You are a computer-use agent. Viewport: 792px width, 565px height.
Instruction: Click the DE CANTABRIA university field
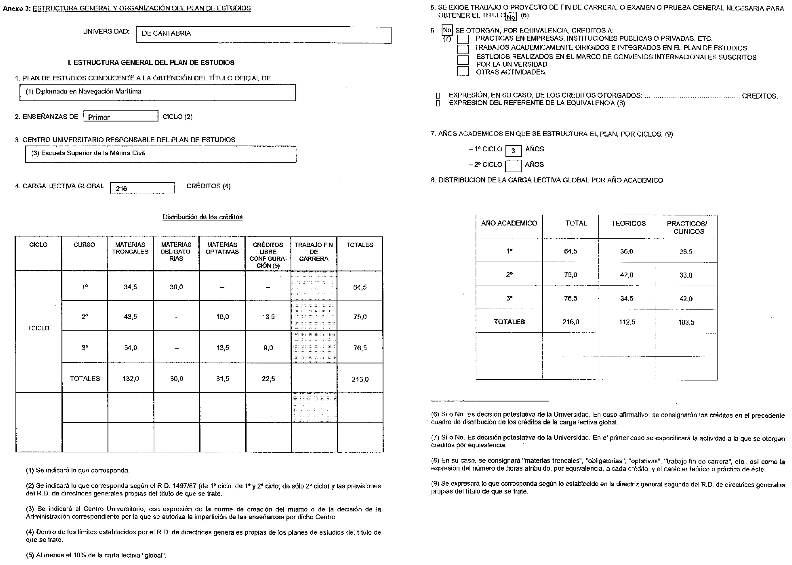tap(263, 35)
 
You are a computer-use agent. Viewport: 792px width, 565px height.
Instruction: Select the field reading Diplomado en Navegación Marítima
tap(158, 92)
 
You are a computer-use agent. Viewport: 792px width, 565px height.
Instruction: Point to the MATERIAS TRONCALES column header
tap(130, 248)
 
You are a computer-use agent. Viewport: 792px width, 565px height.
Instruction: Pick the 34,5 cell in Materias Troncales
tap(130, 287)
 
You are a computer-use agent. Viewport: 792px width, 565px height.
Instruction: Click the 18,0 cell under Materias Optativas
tap(223, 317)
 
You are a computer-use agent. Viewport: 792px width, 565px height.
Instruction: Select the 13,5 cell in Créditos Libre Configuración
tap(268, 317)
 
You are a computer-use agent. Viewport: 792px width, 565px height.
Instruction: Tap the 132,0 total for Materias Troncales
tap(131, 379)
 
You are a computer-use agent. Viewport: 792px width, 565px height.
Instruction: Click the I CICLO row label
tap(38, 328)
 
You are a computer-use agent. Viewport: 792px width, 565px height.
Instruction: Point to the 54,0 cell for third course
tap(131, 347)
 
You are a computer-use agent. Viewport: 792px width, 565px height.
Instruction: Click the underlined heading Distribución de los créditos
tap(202, 217)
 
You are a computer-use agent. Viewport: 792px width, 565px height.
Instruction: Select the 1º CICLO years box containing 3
tap(513, 151)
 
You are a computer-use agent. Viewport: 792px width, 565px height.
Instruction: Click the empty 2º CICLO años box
tap(513, 166)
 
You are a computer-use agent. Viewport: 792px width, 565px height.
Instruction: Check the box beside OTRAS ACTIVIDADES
tap(463, 71)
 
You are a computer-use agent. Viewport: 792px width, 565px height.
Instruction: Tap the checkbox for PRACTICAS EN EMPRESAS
tap(463, 39)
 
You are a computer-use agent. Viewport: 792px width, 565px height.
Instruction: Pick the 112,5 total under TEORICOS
tap(627, 322)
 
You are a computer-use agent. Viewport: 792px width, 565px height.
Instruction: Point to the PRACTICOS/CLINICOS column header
tap(687, 227)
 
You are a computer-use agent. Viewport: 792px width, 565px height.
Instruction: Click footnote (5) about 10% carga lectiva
tap(96, 555)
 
